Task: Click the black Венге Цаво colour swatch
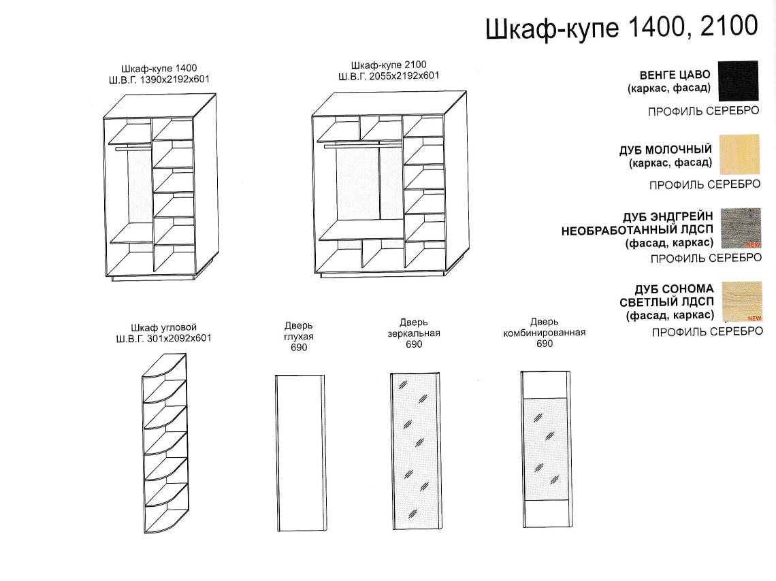pyautogui.click(x=738, y=80)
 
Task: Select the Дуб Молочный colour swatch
pyautogui.click(x=739, y=154)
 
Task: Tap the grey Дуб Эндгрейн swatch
pyautogui.click(x=741, y=228)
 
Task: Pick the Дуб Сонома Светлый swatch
pyautogui.click(x=742, y=301)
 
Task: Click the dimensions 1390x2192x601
pyautogui.click(x=175, y=80)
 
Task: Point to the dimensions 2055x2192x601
pyautogui.click(x=404, y=76)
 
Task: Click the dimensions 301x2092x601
pyautogui.click(x=180, y=338)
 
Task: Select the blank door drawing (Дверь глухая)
pyautogui.click(x=300, y=453)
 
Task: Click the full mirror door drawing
pyautogui.click(x=416, y=451)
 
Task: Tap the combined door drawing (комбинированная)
pyautogui.click(x=546, y=450)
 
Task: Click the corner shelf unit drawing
pyautogui.click(x=166, y=444)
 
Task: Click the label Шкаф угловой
pyautogui.click(x=164, y=327)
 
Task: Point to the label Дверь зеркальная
pyautogui.click(x=414, y=328)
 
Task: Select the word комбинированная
pyautogui.click(x=545, y=333)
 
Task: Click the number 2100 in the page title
pyautogui.click(x=729, y=26)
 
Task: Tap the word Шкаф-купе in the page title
pyautogui.click(x=552, y=28)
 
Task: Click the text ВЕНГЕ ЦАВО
pyautogui.click(x=675, y=75)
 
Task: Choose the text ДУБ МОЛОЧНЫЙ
pyautogui.click(x=666, y=149)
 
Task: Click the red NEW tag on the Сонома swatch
pyautogui.click(x=754, y=318)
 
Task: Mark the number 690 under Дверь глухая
pyautogui.click(x=299, y=348)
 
